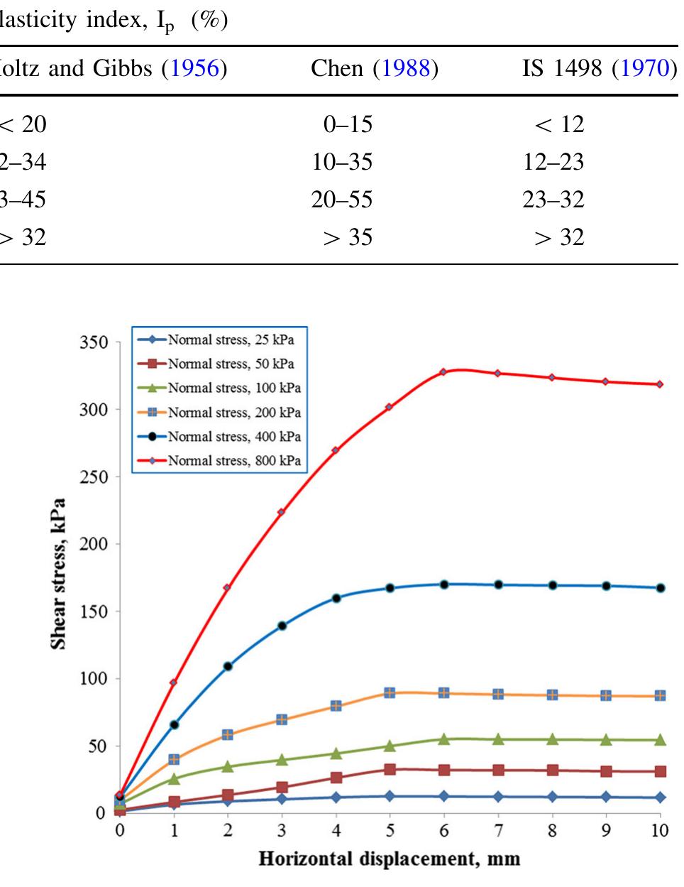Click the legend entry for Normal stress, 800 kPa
(233, 461)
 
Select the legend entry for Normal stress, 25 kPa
(230, 339)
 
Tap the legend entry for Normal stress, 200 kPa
(233, 413)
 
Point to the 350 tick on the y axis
(94, 343)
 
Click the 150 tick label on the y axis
(94, 611)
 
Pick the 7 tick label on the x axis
(498, 830)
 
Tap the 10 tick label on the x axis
(660, 830)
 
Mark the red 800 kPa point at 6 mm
(443, 372)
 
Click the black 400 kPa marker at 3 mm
(282, 626)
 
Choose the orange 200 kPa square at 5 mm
(390, 692)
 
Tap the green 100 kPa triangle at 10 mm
(660, 740)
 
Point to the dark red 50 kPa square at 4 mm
(336, 778)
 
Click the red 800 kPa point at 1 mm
(173, 682)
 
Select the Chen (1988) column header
(374, 69)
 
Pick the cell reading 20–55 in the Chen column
(341, 200)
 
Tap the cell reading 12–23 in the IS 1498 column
(553, 162)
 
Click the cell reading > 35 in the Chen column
(348, 237)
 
